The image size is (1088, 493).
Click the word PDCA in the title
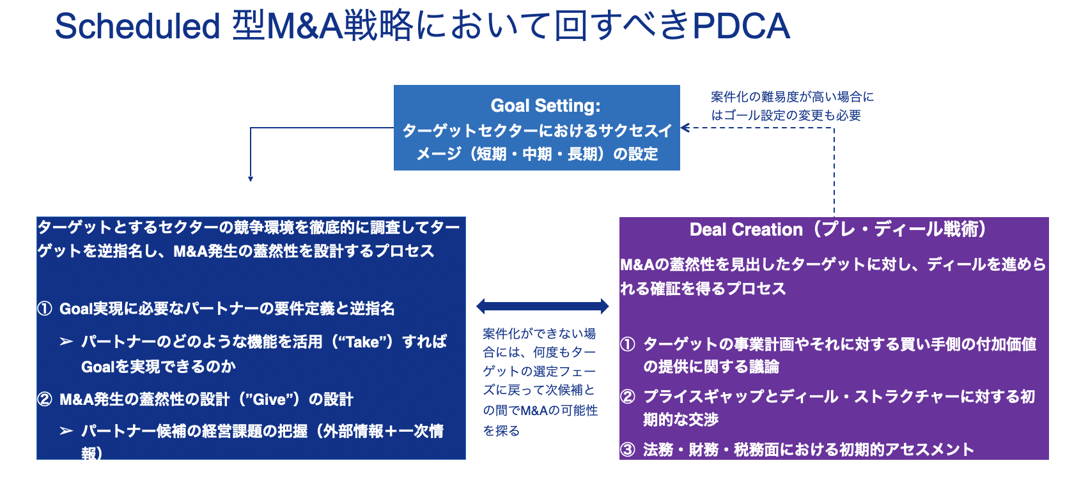point(741,26)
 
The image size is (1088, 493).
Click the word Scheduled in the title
point(137,26)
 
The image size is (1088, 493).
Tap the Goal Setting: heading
point(545,106)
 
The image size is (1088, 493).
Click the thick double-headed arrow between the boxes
point(543,306)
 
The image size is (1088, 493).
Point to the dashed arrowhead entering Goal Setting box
point(685,128)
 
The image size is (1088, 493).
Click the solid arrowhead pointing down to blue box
point(251,179)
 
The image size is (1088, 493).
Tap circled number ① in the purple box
point(628,344)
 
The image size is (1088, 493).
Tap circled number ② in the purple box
point(628,397)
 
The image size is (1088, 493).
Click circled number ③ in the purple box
point(628,450)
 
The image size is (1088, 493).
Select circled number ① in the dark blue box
point(45,308)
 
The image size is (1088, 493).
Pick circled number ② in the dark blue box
point(45,399)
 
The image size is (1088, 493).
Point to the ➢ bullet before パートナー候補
point(66,431)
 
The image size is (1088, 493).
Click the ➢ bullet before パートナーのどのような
point(66,342)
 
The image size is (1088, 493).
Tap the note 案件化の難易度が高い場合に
point(792,97)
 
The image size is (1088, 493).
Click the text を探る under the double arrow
point(501,431)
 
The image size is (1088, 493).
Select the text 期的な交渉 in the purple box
point(681,420)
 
